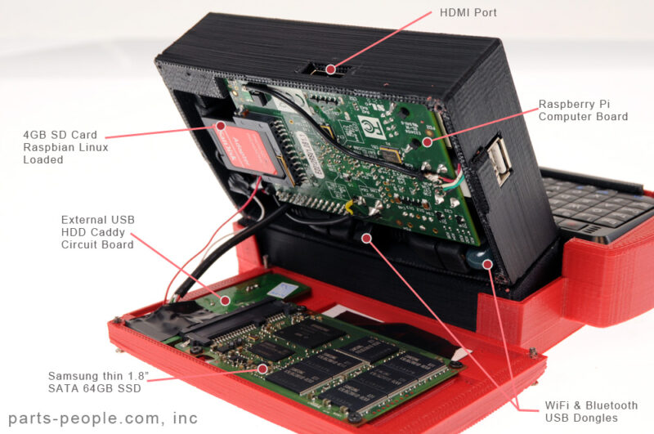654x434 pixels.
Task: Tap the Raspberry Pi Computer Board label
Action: [583, 110]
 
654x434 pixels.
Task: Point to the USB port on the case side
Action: [499, 159]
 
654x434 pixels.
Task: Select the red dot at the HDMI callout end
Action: [330, 69]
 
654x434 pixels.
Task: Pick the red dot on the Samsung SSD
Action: [262, 369]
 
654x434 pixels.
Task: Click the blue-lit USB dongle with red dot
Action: [486, 264]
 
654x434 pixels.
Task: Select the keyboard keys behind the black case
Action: [593, 200]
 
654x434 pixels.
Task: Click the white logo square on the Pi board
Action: [368, 125]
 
